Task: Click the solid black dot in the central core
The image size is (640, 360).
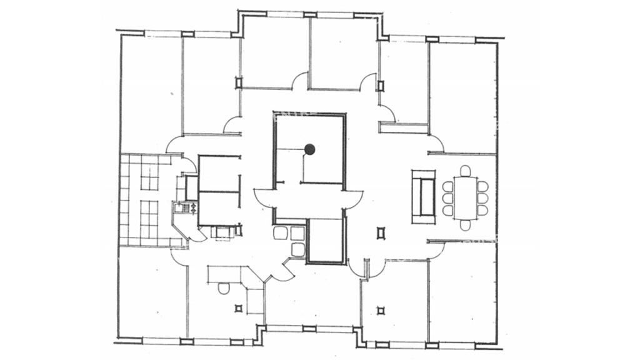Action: [309, 149]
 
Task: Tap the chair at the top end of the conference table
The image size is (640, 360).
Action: [464, 170]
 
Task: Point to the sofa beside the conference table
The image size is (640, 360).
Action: [426, 197]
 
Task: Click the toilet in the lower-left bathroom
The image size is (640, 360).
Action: [223, 289]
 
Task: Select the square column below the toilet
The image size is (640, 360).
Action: [237, 308]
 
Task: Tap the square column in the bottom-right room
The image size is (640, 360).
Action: [382, 308]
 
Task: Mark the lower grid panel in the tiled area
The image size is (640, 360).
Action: [149, 216]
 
